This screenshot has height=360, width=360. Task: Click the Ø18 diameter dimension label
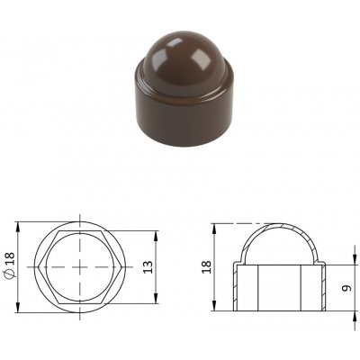coord(10,266)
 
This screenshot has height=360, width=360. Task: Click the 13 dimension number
coord(148,266)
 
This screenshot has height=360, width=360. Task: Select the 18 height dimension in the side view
coord(206,266)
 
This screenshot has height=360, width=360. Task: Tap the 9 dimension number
coord(346,288)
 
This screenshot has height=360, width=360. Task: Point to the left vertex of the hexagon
coord(39,266)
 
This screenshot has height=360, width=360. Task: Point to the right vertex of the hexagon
coord(122,266)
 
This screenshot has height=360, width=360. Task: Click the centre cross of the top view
coord(80,266)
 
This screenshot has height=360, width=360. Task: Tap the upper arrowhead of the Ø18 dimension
coord(18,227)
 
